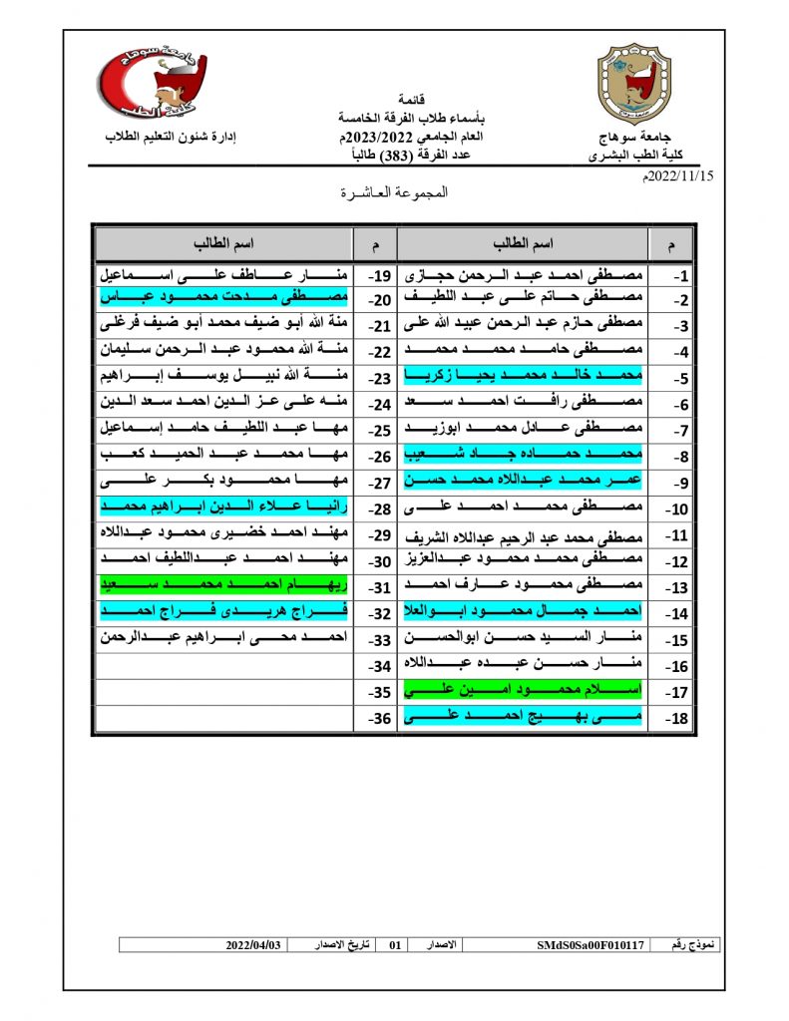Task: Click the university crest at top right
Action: (x=632, y=89)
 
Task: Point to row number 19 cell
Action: (x=376, y=273)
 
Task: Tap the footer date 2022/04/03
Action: (x=253, y=944)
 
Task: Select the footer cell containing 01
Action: (x=395, y=944)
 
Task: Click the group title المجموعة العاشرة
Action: (x=395, y=193)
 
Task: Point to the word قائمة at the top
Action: (x=411, y=101)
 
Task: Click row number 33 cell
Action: (x=376, y=638)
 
